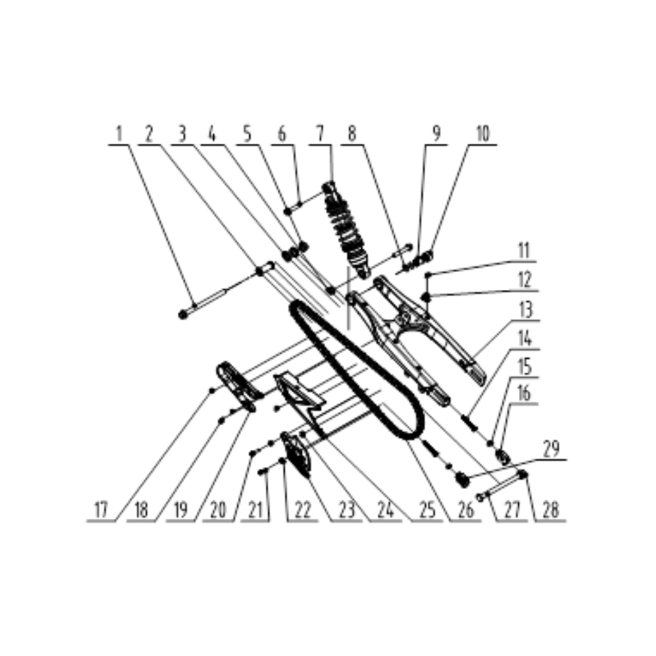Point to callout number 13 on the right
click(525, 311)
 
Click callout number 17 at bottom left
click(101, 511)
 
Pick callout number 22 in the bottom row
click(302, 511)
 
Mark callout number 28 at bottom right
click(550, 511)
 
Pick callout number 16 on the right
click(524, 394)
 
